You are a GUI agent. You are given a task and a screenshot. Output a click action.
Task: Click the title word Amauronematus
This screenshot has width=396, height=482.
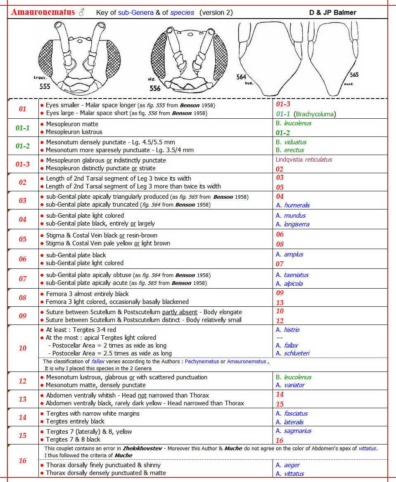43,12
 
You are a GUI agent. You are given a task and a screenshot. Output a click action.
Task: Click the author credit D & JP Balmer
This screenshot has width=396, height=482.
332,12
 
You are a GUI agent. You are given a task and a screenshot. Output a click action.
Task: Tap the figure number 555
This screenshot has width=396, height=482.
45,86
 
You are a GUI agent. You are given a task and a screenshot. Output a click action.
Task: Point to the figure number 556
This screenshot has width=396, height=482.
155,89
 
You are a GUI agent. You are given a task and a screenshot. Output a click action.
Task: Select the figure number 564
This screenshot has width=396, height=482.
241,77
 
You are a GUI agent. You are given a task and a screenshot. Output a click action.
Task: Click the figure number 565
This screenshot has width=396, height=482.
354,75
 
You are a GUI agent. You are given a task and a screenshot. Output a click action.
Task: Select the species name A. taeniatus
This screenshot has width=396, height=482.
292,275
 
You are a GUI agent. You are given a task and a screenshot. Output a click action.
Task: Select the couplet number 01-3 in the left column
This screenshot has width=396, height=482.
23,164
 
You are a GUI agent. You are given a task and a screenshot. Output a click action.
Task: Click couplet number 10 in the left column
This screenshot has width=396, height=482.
23,348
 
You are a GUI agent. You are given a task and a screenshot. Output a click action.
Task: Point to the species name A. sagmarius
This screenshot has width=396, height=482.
293,431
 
